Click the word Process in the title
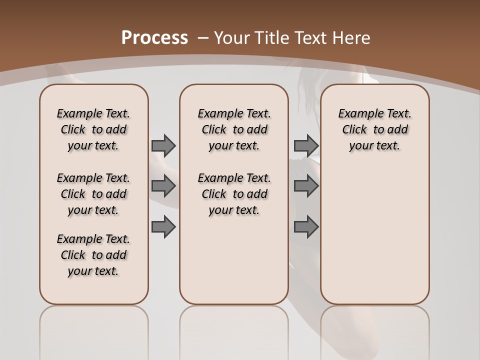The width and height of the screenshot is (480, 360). pos(154,37)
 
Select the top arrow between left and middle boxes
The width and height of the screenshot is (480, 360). pos(163,145)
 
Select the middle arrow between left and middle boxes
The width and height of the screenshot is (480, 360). pos(163,186)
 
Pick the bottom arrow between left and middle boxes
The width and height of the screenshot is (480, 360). pos(163,226)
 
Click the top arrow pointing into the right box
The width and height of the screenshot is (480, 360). pos(306,145)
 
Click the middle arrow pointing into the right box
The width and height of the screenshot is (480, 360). pos(306,186)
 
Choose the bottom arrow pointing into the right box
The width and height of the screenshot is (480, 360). pos(306,226)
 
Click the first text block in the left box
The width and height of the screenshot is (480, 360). pos(93,129)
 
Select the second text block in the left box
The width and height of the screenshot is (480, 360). pos(93,194)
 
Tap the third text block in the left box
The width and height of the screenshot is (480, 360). pos(93,255)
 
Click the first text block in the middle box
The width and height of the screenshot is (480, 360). pos(234,129)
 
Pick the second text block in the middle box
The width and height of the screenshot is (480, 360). pos(234,194)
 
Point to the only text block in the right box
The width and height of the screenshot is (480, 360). pos(374,129)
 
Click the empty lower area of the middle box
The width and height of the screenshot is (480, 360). pos(234,260)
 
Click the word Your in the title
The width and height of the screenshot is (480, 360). pos(232,37)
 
